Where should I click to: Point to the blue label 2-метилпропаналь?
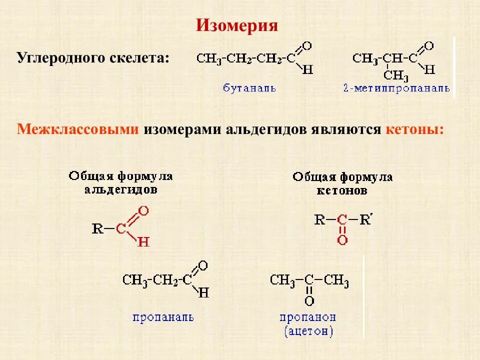pyautogui.click(x=396, y=88)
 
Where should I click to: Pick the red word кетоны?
pyautogui.click(x=414, y=129)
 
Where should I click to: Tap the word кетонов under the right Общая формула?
pyautogui.click(x=342, y=190)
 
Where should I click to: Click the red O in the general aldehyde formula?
pyautogui.click(x=143, y=211)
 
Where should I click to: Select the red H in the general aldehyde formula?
pyautogui.click(x=143, y=242)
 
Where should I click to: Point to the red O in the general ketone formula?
pyautogui.click(x=342, y=240)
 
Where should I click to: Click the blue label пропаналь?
pyautogui.click(x=163, y=317)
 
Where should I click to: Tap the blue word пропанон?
pyautogui.click(x=307, y=317)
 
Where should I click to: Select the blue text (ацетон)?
pyautogui.click(x=308, y=330)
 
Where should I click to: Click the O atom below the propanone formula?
pyautogui.click(x=309, y=301)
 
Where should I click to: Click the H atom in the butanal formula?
pyautogui.click(x=307, y=69)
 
